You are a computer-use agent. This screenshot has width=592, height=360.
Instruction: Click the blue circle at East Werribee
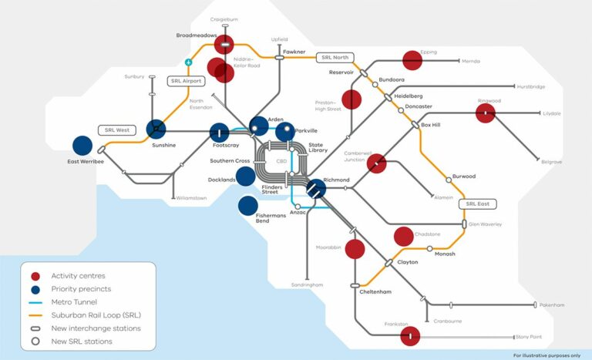coord(82,145)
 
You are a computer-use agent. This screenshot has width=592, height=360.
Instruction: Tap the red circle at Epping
coord(412,59)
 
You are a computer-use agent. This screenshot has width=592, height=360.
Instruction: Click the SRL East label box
coord(477,204)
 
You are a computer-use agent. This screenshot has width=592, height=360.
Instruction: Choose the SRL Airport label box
coord(185,81)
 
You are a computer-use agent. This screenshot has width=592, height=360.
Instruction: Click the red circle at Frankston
coord(410,336)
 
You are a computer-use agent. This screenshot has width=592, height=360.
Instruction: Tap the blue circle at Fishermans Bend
coord(247,206)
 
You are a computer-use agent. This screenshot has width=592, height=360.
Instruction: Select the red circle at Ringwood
coord(485,113)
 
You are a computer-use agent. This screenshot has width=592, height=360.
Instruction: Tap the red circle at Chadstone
coord(403,236)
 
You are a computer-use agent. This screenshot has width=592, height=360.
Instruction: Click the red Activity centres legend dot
coord(35,276)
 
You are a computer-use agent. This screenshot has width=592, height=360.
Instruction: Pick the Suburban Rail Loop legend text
coord(96,315)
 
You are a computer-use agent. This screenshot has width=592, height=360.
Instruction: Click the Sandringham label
coord(308,284)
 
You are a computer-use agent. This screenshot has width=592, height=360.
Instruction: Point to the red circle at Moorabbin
coord(355,249)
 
